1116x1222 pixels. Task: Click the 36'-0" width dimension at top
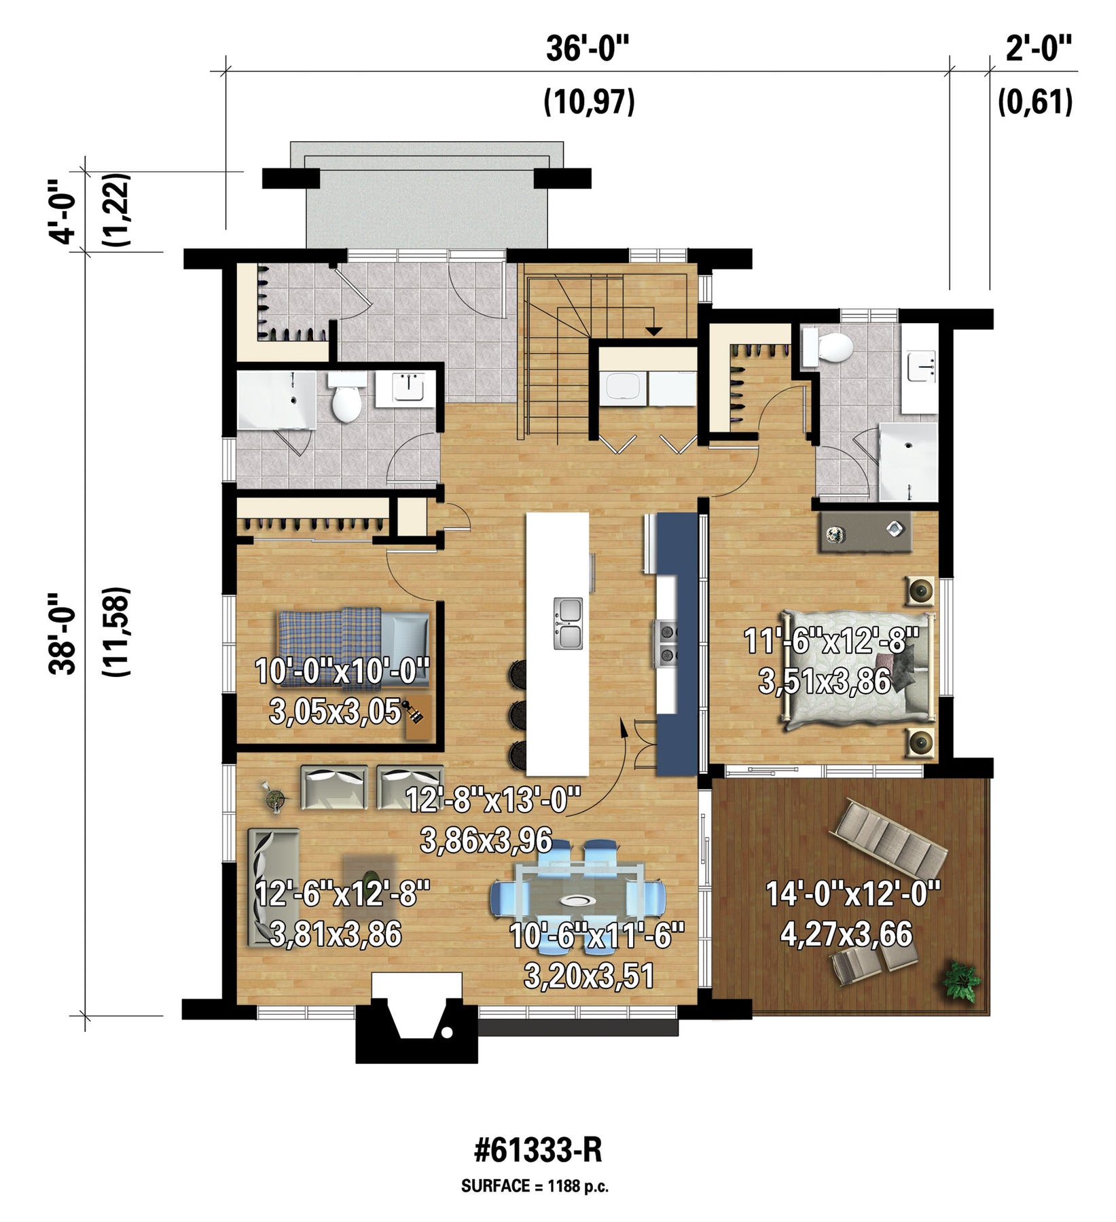588,49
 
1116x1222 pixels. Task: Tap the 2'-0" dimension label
1039,49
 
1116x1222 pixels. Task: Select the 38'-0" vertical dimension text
62,633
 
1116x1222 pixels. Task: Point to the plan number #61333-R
538,1151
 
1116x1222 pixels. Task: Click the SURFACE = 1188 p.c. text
535,1187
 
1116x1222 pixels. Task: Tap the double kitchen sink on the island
568,623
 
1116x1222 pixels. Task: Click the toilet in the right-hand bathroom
828,348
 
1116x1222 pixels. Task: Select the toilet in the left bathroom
346,397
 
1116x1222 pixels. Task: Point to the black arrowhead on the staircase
653,331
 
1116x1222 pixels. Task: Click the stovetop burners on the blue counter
666,642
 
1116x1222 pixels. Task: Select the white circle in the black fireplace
447,1033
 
